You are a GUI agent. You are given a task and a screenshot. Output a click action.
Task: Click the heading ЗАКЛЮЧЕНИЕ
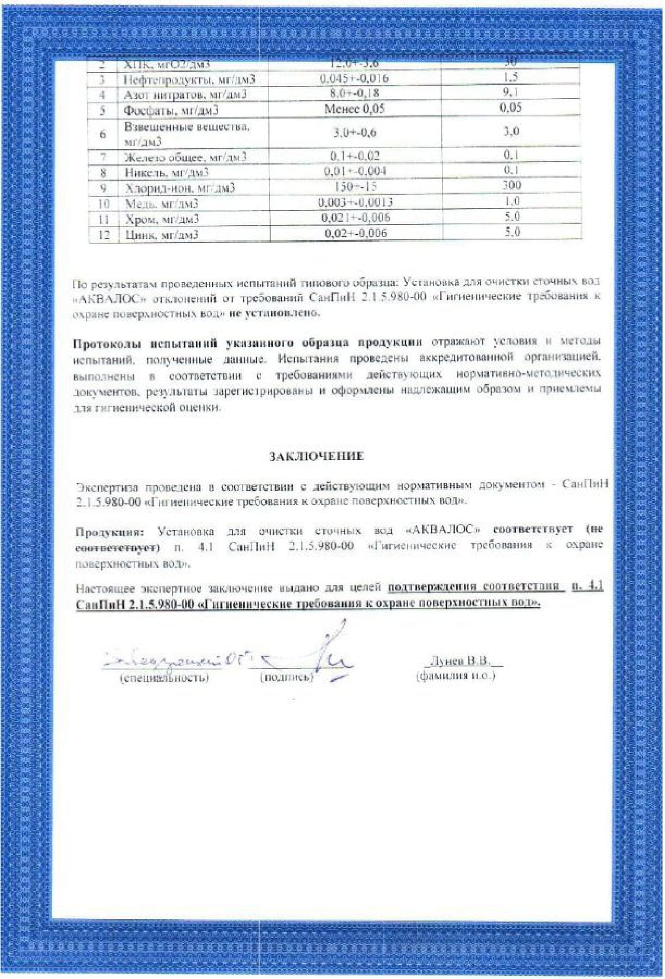316,456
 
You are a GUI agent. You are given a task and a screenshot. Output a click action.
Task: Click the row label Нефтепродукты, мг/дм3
190,80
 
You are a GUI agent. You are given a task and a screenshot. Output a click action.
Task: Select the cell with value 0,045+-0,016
354,79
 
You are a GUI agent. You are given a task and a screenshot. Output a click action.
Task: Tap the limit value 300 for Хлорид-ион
511,186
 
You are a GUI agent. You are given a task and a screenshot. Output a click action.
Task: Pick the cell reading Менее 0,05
354,109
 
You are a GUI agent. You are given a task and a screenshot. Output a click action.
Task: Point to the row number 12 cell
104,234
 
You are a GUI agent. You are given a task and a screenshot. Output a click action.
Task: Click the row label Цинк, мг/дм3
162,234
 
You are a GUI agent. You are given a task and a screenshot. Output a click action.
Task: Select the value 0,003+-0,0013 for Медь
355,202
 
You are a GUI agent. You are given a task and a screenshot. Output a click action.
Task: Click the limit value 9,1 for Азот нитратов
511,92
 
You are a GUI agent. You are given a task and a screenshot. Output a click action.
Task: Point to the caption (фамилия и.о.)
456,676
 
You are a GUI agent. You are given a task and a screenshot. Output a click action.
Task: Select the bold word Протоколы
107,344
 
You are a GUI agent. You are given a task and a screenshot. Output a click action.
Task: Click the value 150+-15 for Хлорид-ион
355,186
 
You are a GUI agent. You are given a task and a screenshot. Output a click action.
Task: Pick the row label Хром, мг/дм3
162,219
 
